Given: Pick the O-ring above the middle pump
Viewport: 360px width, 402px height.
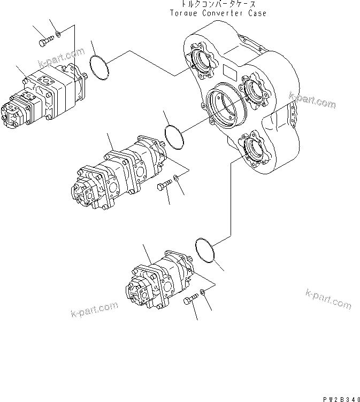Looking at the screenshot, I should (x=174, y=138).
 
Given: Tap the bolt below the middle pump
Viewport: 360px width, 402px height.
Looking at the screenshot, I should (x=163, y=185).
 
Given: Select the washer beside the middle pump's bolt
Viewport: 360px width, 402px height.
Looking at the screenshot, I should (x=177, y=181).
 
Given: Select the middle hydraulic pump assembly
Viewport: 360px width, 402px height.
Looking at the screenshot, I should (x=120, y=172).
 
